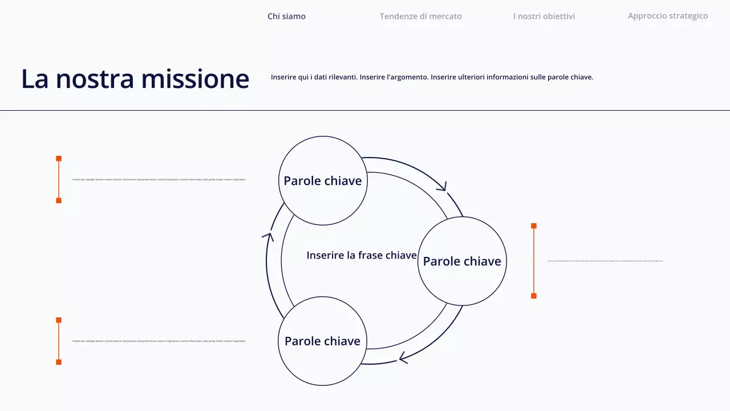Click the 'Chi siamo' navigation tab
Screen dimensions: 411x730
(x=286, y=16)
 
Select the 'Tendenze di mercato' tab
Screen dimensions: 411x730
(x=421, y=16)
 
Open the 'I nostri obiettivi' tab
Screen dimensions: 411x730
(x=544, y=16)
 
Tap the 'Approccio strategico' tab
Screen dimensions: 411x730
(x=668, y=16)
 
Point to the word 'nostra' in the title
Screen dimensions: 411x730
(x=95, y=79)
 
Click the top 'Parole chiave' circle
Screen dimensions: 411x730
(x=323, y=180)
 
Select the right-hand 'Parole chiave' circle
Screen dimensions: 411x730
(x=462, y=261)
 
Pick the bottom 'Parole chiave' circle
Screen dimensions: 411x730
(x=322, y=341)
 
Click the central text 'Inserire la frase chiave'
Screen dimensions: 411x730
(x=362, y=255)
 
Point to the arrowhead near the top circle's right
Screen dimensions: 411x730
(x=442, y=186)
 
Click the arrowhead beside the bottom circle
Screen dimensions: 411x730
(x=403, y=358)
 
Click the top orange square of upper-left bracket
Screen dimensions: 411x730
(x=59, y=158)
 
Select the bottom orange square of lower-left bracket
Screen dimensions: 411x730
(x=59, y=362)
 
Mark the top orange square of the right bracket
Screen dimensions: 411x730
(x=534, y=226)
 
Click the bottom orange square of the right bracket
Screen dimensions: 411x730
(x=534, y=296)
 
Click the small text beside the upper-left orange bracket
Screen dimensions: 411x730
(x=159, y=180)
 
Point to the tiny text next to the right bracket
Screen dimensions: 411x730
(x=605, y=261)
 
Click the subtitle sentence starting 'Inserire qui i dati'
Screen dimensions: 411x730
(x=432, y=77)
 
